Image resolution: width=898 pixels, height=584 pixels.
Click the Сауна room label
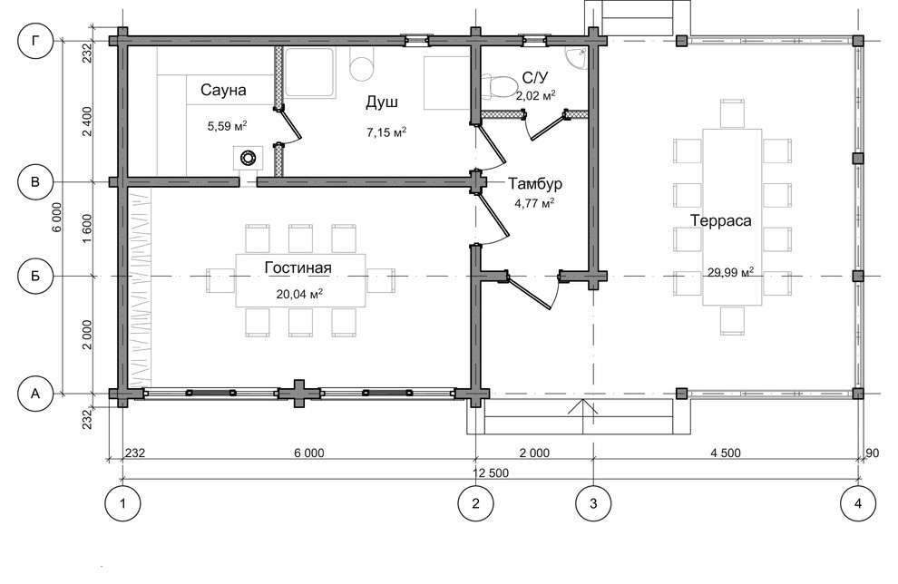click(223, 90)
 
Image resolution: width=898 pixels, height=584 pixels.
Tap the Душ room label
click(382, 102)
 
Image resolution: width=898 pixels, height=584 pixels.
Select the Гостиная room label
click(298, 268)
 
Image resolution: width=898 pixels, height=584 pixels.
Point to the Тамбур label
click(535, 184)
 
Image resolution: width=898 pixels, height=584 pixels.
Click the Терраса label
click(720, 220)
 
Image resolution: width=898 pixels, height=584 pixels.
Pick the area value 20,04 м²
click(299, 294)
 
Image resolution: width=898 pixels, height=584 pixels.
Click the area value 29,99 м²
click(730, 272)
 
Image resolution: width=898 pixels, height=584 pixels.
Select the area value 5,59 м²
click(228, 125)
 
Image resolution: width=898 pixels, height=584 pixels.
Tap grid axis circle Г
click(35, 41)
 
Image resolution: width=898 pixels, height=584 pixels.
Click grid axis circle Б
click(35, 276)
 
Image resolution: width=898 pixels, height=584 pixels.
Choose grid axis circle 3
click(593, 503)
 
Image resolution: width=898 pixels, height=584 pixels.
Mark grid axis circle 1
click(122, 503)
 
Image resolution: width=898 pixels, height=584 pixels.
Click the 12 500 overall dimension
click(491, 473)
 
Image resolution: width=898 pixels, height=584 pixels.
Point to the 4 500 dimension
click(726, 453)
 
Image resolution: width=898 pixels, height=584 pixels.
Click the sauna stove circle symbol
click(248, 158)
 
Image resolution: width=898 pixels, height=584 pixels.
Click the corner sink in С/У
click(576, 58)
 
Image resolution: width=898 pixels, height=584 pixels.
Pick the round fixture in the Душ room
click(362, 66)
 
